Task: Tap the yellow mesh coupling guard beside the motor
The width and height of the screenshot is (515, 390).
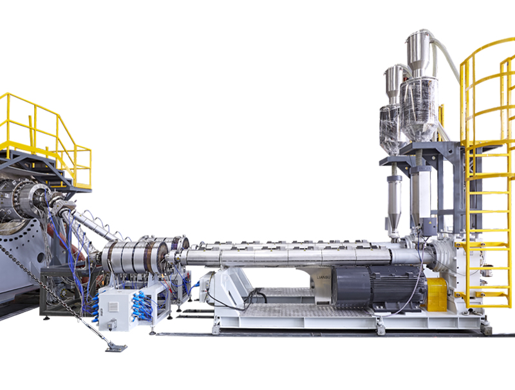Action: [436, 294]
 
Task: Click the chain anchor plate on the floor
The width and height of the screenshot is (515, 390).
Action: [116, 347]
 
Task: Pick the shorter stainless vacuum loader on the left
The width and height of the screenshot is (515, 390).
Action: [393, 83]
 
